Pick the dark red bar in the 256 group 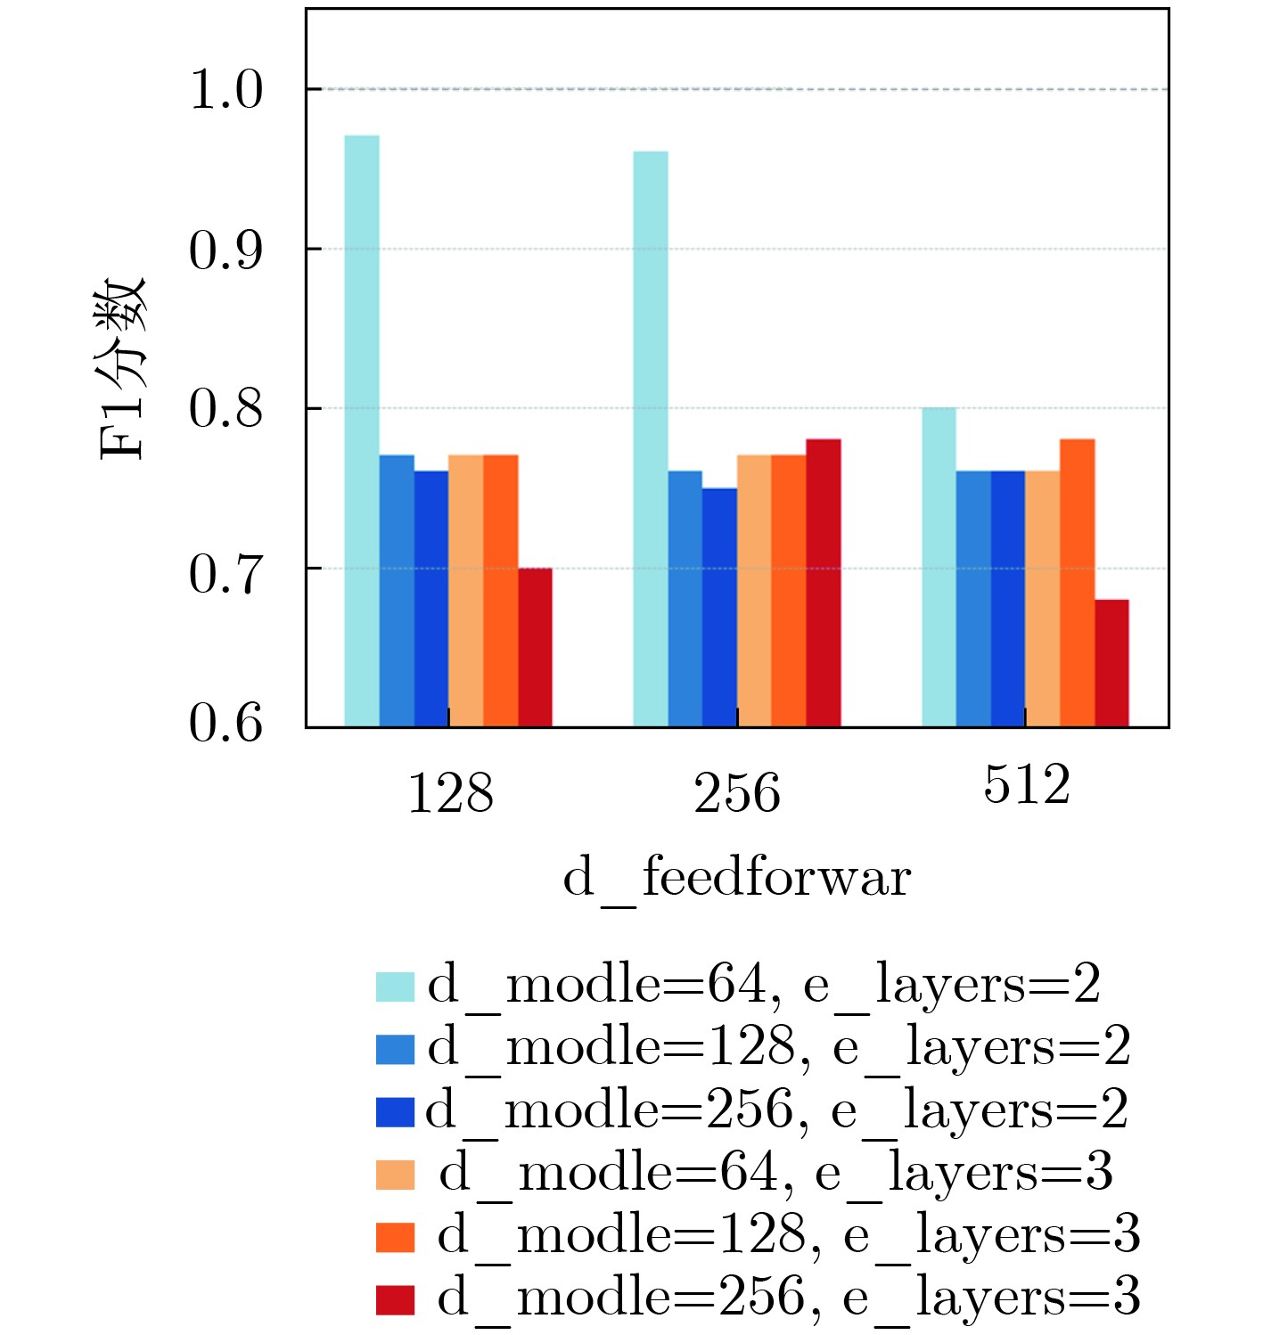[824, 583]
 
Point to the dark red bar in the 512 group [1111, 664]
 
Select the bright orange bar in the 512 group [1077, 583]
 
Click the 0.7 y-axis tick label [226, 573]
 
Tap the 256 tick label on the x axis [737, 793]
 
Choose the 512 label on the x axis [1026, 786]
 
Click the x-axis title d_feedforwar [736, 879]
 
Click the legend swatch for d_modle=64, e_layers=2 [395, 987]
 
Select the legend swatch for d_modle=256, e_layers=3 [395, 1299]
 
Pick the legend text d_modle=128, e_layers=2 [778, 1047]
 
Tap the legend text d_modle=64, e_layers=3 [775, 1173]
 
